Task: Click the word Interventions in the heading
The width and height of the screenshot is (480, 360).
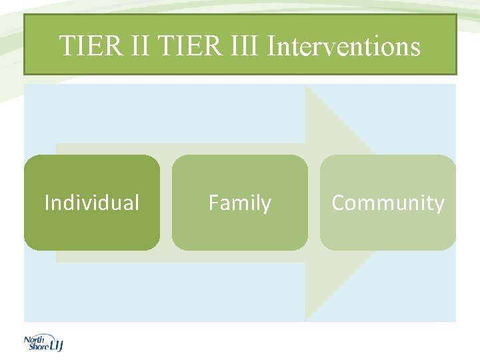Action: pyautogui.click(x=343, y=47)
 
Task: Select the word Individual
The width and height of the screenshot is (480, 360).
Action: pyautogui.click(x=92, y=203)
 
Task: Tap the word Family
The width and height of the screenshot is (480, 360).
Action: pyautogui.click(x=240, y=203)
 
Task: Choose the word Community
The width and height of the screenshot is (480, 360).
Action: pyautogui.click(x=388, y=203)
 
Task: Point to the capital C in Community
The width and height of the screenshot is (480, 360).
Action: pyautogui.click(x=338, y=203)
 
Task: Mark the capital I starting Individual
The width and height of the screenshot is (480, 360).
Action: pyautogui.click(x=47, y=203)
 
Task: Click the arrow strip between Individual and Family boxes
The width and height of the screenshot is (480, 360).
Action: pyautogui.click(x=166, y=203)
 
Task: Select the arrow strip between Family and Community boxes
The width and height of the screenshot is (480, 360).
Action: pyautogui.click(x=314, y=203)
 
